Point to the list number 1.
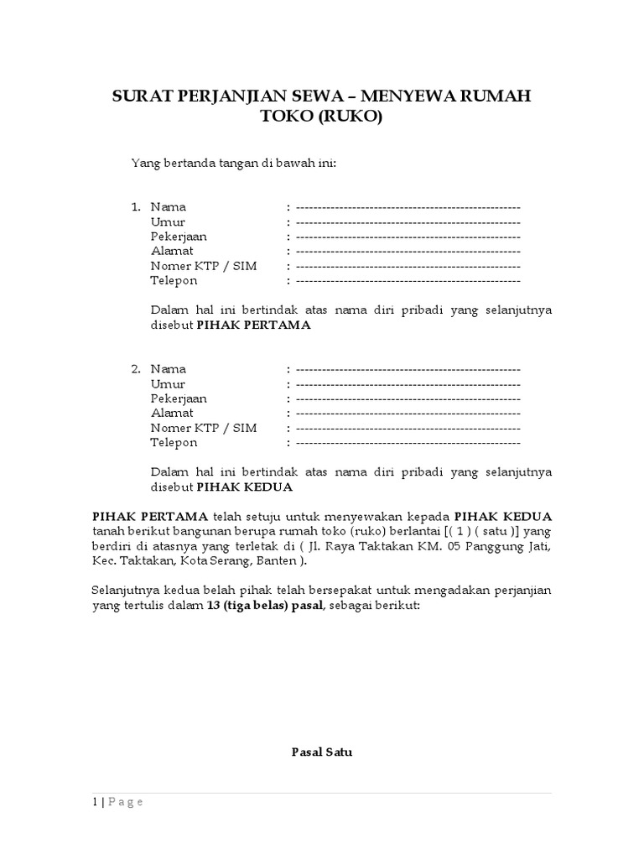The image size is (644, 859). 135,207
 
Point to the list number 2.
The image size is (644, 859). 135,369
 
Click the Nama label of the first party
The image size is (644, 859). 169,207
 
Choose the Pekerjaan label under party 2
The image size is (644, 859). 179,398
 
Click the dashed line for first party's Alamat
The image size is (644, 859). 408,252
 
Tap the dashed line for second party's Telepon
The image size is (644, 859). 408,443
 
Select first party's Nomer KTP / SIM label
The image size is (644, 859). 204,266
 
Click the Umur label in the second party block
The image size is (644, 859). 168,384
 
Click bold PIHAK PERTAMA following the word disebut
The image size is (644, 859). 253,325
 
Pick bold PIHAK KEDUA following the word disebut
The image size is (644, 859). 244,487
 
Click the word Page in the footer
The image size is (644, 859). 124,802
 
